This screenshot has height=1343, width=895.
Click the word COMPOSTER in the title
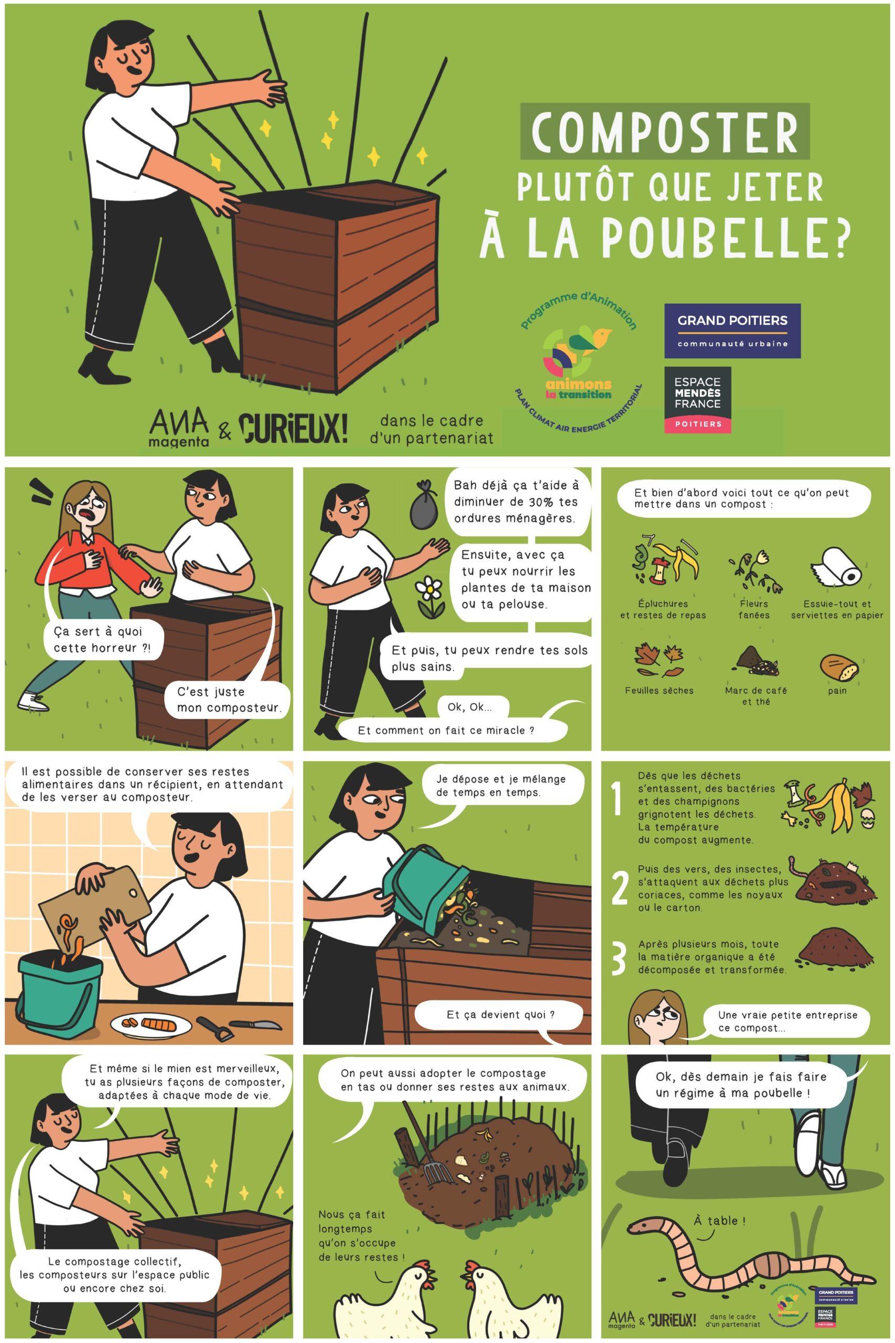coord(665,131)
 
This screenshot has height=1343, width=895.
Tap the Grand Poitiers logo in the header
coord(732,331)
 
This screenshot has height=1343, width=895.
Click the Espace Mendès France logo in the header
coord(697,400)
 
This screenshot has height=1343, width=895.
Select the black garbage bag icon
coord(423,505)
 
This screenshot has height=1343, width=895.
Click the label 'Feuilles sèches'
coord(659,690)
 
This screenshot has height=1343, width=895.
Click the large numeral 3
coord(619,960)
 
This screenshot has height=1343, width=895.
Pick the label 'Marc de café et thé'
coord(756,696)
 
